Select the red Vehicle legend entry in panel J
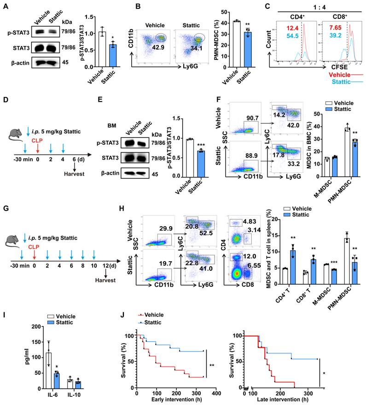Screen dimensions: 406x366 (x=154, y=315)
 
